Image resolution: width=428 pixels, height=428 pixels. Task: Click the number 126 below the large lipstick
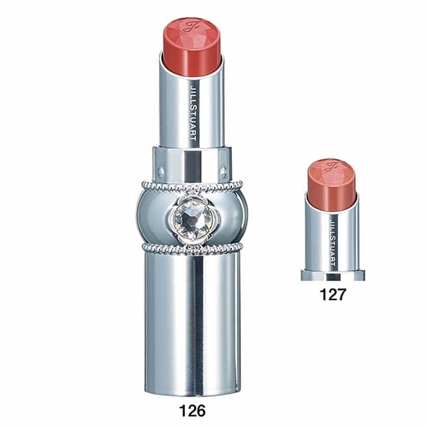pos(192,410)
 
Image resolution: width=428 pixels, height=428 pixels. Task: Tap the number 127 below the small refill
pos(332,295)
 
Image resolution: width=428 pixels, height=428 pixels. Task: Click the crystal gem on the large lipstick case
pos(193,219)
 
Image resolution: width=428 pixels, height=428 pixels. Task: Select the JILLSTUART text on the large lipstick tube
pos(193,113)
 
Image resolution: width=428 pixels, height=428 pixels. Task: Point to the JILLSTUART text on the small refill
pos(332,242)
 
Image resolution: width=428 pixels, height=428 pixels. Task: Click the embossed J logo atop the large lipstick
pos(190,26)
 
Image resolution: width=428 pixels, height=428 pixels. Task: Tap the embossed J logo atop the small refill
pos(331,166)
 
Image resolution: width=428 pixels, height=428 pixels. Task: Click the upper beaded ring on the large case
pos(192,185)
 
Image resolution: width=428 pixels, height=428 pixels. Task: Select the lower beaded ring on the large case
pos(193,248)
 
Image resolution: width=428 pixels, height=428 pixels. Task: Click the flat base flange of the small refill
pos(332,275)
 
